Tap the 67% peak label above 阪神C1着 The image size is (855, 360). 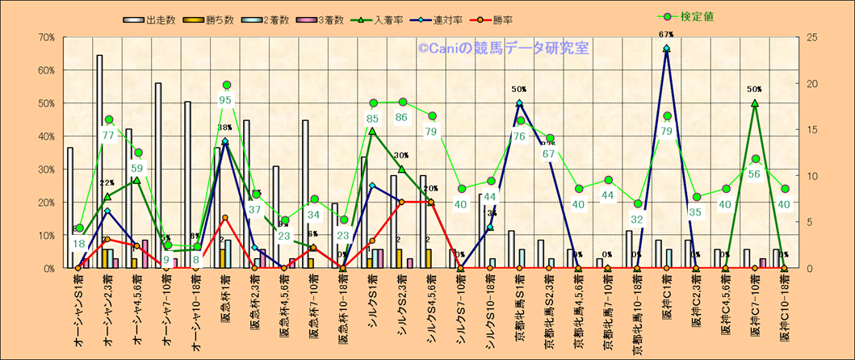[x=666, y=35]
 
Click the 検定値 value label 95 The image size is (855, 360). [x=226, y=100]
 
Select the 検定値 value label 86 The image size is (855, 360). [x=401, y=117]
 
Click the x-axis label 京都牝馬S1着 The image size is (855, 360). [x=519, y=311]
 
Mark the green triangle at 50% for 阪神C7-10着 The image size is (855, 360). [x=754, y=103]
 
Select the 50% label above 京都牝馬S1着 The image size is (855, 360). [x=519, y=90]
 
